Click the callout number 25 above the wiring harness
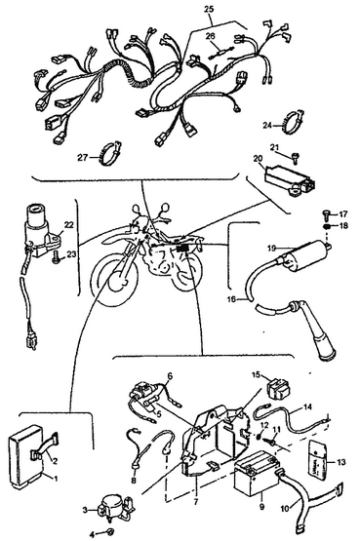(209, 9)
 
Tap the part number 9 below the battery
(262, 507)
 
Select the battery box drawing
(255, 475)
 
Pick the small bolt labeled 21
(295, 159)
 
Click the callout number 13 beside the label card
(341, 462)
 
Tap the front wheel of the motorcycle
(115, 285)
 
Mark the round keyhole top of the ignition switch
(36, 209)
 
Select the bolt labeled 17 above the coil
(326, 215)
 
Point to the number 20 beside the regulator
(258, 159)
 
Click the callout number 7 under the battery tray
(196, 502)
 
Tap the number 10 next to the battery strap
(285, 508)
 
